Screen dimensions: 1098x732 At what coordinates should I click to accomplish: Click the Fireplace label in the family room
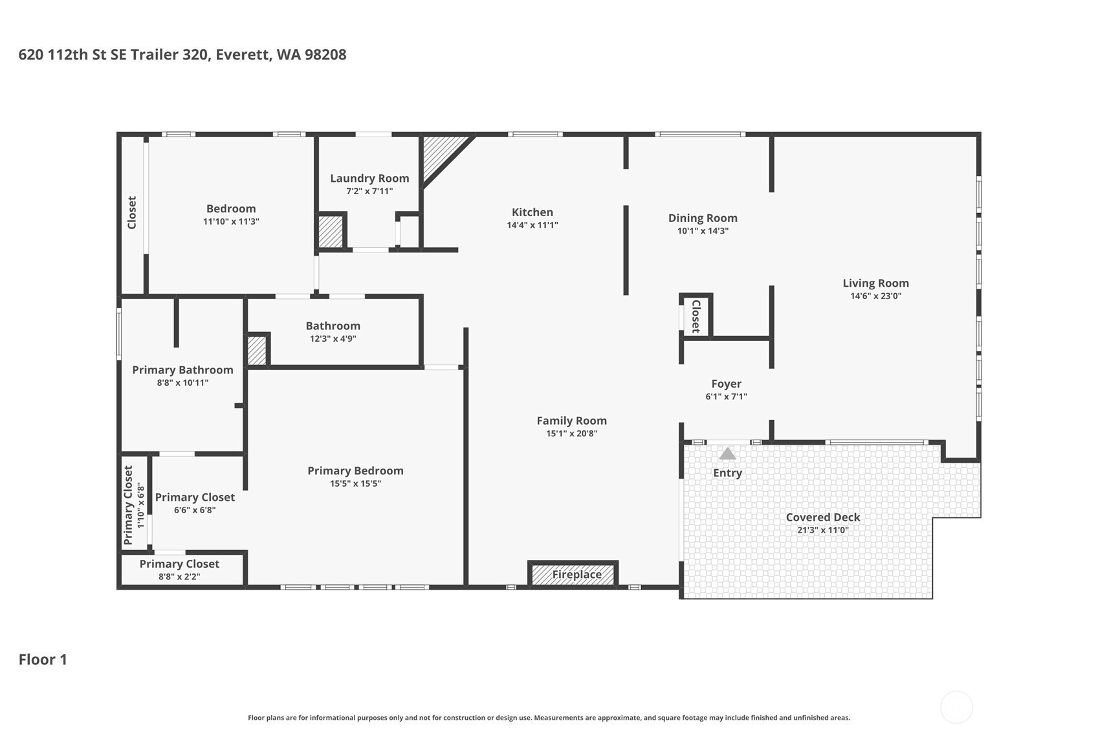(x=576, y=575)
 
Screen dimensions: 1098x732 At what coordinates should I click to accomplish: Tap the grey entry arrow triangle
(x=727, y=454)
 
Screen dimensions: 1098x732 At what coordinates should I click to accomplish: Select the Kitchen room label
(x=533, y=212)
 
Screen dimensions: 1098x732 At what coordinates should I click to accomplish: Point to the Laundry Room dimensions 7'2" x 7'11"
(x=369, y=191)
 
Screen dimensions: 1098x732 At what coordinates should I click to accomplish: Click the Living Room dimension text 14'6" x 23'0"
(x=876, y=296)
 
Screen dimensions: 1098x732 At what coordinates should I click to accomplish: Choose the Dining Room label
(x=703, y=218)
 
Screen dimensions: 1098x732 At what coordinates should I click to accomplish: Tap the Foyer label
(x=727, y=384)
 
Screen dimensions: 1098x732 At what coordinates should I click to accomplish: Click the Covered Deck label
(x=823, y=517)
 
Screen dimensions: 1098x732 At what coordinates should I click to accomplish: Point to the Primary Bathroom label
(x=183, y=370)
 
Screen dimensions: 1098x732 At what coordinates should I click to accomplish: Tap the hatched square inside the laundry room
(x=331, y=232)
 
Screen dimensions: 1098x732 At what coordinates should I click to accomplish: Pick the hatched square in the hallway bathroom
(x=256, y=350)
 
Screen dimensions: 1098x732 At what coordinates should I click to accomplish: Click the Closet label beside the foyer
(x=696, y=316)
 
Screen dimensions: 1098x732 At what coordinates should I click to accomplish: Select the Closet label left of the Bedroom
(x=132, y=213)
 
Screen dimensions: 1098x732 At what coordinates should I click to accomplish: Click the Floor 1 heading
(x=43, y=660)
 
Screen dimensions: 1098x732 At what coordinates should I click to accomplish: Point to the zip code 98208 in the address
(x=325, y=54)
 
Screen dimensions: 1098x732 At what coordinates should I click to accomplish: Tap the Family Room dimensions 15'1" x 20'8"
(x=571, y=434)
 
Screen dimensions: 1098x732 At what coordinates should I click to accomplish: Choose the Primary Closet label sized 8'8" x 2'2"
(x=179, y=564)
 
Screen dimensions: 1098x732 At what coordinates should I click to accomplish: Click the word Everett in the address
(x=244, y=55)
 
